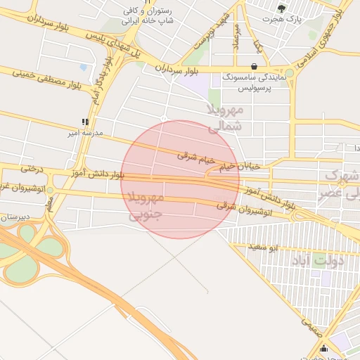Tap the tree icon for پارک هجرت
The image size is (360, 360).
pyautogui.click(x=282, y=8)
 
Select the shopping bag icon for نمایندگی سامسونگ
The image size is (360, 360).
pyautogui.click(x=254, y=67)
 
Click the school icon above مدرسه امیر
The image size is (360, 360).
pyautogui.click(x=85, y=122)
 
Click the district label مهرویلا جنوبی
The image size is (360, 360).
pyautogui.click(x=147, y=207)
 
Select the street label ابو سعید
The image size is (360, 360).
pyautogui.click(x=266, y=247)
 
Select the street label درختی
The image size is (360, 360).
pyautogui.click(x=31, y=168)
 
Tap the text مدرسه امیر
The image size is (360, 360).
pyautogui.click(x=85, y=132)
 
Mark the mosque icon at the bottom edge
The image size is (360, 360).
pyautogui.click(x=323, y=348)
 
